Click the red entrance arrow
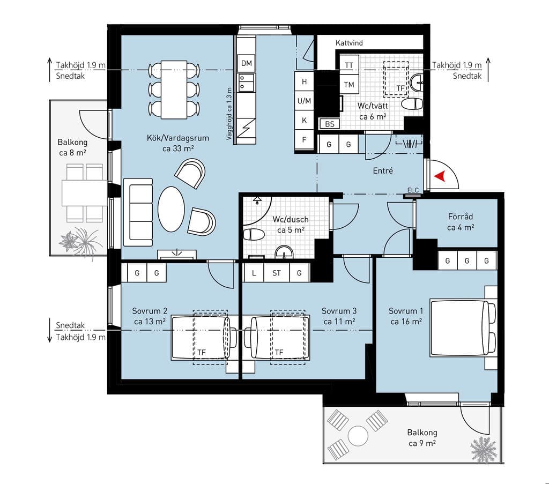coord(440,176)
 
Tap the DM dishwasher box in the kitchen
coord(247,63)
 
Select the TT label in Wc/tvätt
coord(349,65)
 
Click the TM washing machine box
coord(349,84)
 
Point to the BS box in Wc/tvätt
coord(330,124)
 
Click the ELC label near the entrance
coord(413,190)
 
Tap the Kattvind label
coord(349,43)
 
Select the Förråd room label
coord(461,217)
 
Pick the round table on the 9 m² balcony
coord(358,436)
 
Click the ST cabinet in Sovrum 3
coord(277,273)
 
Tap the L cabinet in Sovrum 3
coord(254,273)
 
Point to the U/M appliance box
coord(304,101)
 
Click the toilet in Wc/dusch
coord(254,234)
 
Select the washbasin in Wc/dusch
coord(284,252)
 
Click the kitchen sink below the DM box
coord(247,83)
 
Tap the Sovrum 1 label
coord(406,311)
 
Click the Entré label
coord(383,171)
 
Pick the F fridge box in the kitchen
coord(304,140)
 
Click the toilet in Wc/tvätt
coord(412,104)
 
